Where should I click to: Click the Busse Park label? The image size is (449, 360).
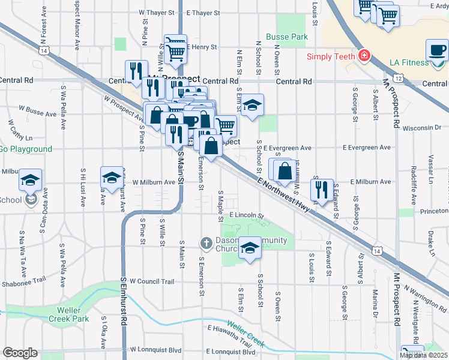[x=286, y=37]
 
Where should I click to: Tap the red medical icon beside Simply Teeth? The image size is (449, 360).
[x=363, y=56]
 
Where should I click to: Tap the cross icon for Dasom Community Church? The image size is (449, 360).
[x=206, y=243]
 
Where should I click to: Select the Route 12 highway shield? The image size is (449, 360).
[x=398, y=78]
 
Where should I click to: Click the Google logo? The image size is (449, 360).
[x=19, y=353]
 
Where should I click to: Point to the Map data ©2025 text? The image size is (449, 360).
[x=423, y=355]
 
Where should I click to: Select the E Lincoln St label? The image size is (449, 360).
[x=246, y=215]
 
